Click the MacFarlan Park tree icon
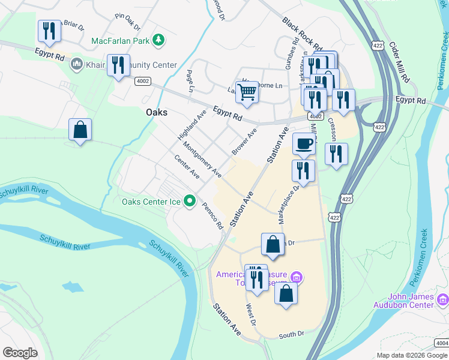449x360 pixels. pyautogui.click(x=158, y=41)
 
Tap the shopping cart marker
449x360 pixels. pyautogui.click(x=247, y=92)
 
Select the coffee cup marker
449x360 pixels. pyautogui.click(x=304, y=144)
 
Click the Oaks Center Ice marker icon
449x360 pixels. pyautogui.click(x=190, y=201)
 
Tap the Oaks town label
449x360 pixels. pyautogui.click(x=157, y=112)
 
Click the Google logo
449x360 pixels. pyautogui.click(x=20, y=353)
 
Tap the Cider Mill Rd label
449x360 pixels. pyautogui.click(x=399, y=62)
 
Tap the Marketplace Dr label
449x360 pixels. pyautogui.click(x=289, y=204)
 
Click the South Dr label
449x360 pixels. pyautogui.click(x=292, y=334)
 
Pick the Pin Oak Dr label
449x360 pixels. pyautogui.click(x=127, y=22)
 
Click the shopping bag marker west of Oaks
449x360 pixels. pyautogui.click(x=80, y=130)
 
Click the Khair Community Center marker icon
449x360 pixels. pyautogui.click(x=77, y=64)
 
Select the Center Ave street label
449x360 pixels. pyautogui.click(x=187, y=167)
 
